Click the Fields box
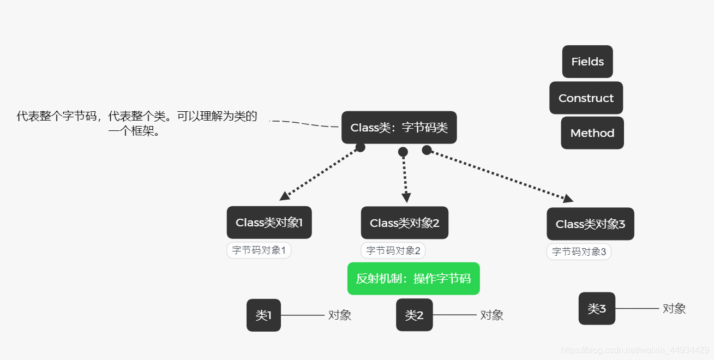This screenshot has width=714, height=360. [587, 62]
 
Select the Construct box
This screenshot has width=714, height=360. [586, 98]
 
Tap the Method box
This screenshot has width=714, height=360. [592, 133]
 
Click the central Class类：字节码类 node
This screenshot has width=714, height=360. [399, 128]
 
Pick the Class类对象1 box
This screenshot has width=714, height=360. [269, 223]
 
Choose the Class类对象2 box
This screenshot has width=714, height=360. [404, 223]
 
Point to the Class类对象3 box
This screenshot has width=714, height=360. [590, 224]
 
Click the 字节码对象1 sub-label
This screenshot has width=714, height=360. [259, 250]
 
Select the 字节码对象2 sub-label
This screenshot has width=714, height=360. [393, 251]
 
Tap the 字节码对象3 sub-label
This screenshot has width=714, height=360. [579, 251]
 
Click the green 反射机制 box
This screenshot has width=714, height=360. [413, 279]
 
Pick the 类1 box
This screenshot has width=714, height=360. [263, 315]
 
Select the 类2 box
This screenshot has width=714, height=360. [414, 315]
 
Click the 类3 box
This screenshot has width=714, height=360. [597, 309]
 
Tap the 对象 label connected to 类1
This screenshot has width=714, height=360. [339, 315]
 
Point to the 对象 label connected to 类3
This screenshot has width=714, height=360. [674, 309]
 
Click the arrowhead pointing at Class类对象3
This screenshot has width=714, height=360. [568, 199]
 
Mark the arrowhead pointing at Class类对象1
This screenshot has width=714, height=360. [284, 196]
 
